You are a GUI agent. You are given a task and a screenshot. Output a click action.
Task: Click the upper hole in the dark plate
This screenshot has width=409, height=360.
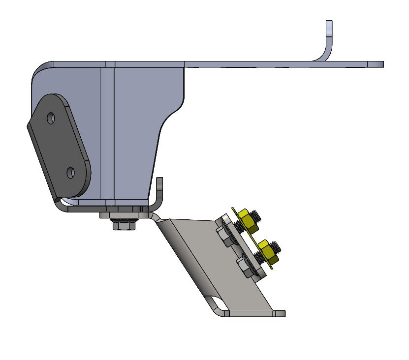click(x=51, y=118)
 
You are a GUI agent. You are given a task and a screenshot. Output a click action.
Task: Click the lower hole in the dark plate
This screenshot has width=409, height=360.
click(x=71, y=173)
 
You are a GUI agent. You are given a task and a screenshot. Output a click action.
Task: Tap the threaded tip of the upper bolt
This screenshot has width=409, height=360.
click(x=258, y=215)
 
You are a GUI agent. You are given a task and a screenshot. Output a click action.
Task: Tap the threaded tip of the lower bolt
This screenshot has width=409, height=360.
click(x=277, y=246)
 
